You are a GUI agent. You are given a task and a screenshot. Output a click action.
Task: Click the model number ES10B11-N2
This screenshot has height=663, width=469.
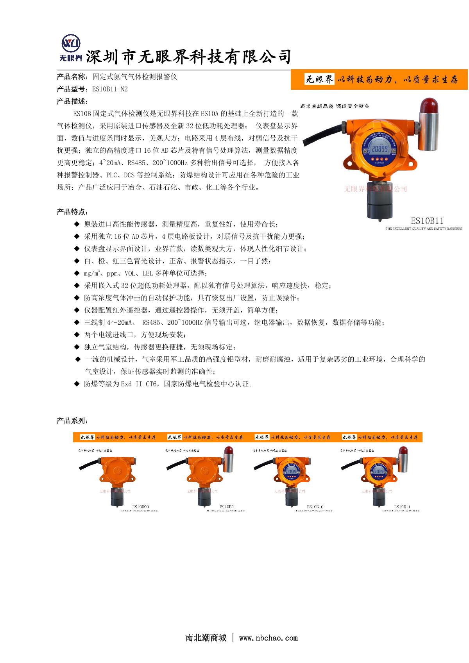[110, 89]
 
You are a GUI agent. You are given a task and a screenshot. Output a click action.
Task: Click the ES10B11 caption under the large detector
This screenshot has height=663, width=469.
[427, 220]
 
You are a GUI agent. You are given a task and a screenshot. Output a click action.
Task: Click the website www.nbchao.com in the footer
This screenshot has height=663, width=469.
[268, 638]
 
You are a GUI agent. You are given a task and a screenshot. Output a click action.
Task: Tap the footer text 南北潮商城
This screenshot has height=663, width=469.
[206, 638]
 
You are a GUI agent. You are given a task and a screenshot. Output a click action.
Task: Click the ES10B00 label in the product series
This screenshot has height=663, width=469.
[141, 507]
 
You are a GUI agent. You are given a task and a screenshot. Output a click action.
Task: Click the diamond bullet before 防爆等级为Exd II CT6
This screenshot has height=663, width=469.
[77, 384]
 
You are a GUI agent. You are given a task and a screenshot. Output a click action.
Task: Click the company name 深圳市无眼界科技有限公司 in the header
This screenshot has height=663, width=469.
[188, 57]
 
